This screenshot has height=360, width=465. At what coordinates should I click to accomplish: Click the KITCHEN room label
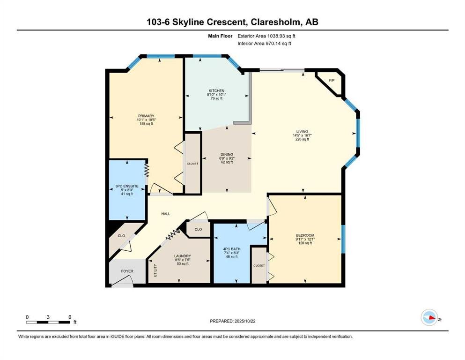(x=216, y=90)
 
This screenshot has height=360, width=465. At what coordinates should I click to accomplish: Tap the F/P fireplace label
(x=332, y=81)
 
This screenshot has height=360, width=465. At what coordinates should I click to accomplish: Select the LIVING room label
(x=302, y=131)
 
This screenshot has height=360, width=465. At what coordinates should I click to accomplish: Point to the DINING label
(x=227, y=154)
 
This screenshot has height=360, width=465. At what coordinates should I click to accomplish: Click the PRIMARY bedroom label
(x=146, y=116)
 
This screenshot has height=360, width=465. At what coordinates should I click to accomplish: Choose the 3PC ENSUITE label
(x=127, y=187)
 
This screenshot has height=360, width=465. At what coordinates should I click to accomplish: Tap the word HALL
(x=165, y=214)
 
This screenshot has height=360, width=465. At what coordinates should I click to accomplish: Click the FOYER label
(x=127, y=271)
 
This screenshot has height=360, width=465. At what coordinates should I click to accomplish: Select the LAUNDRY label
(x=183, y=256)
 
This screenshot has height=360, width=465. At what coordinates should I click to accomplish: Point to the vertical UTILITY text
(x=155, y=270)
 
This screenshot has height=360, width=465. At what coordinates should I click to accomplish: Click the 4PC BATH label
(x=232, y=249)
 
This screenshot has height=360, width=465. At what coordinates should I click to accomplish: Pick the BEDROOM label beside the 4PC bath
(x=305, y=235)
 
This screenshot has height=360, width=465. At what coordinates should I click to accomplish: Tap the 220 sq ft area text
(x=302, y=139)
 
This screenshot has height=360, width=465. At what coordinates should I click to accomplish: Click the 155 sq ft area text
(x=146, y=124)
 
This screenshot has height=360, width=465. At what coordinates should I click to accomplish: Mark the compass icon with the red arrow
(x=429, y=317)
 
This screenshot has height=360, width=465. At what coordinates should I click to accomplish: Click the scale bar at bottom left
(x=48, y=322)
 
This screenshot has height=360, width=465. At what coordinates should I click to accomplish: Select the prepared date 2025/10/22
(x=245, y=321)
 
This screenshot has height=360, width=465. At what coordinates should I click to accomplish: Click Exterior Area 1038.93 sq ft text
(x=266, y=36)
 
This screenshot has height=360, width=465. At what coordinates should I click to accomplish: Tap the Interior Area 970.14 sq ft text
(x=264, y=43)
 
